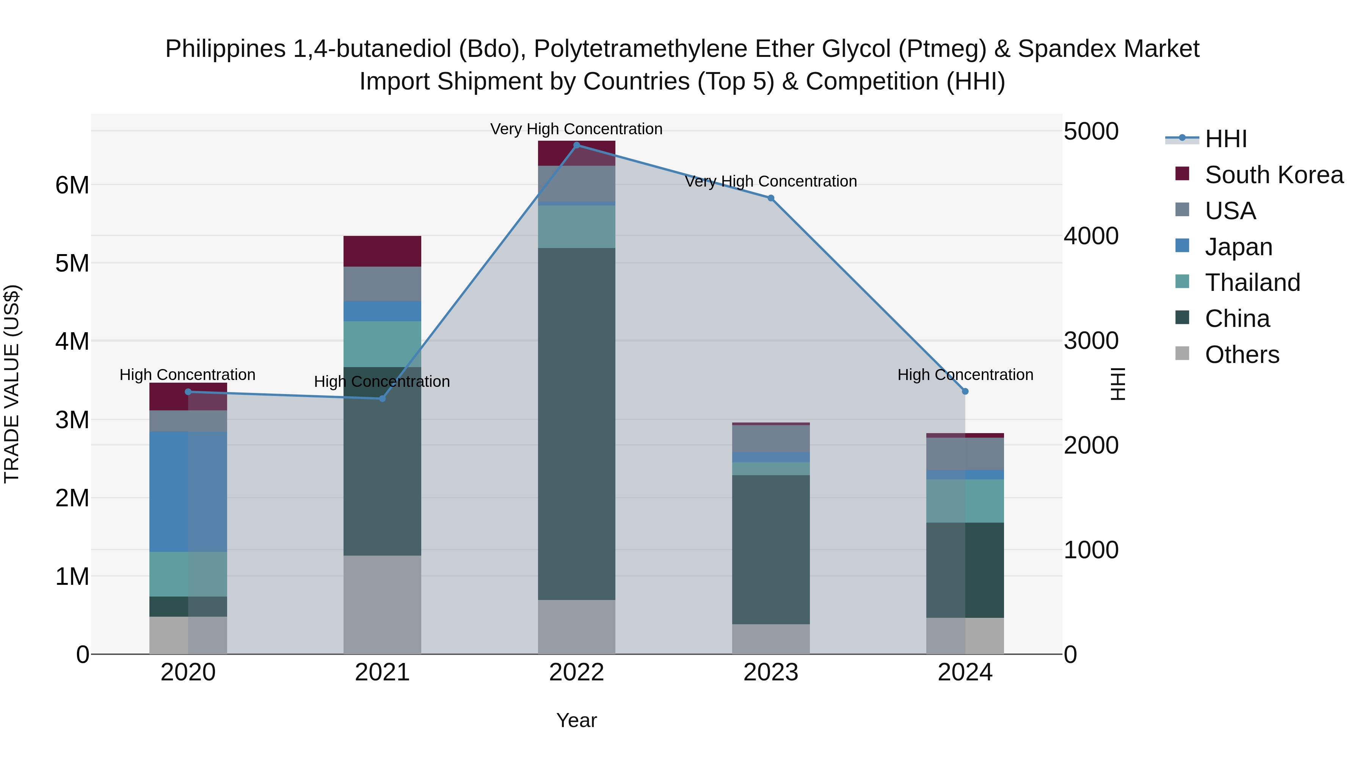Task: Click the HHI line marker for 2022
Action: point(576,145)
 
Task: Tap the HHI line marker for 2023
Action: point(771,198)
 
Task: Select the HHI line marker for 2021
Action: point(382,399)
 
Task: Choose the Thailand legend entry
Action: point(1252,283)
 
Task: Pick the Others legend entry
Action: point(1241,355)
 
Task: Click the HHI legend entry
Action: point(1225,139)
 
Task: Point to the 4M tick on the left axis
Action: point(72,341)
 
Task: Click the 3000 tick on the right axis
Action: point(1091,341)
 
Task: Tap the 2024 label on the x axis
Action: point(965,672)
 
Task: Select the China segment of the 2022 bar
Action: point(576,424)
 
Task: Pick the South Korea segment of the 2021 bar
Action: point(382,251)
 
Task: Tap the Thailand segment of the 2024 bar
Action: point(965,501)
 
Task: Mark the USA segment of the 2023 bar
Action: point(771,438)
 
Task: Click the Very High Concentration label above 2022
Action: point(576,129)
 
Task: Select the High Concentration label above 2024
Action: point(965,375)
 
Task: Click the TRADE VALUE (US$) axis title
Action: point(12,384)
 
